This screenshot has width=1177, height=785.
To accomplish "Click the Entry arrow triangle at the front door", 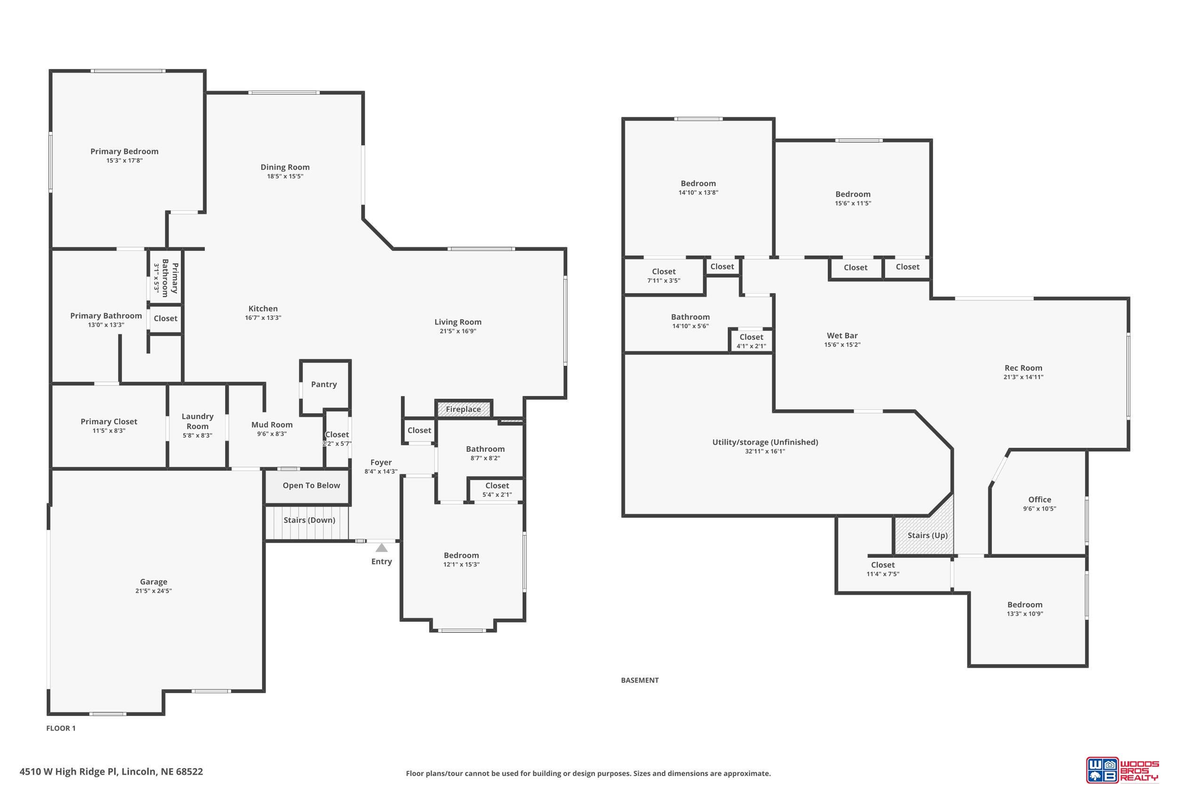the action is [x=381, y=548].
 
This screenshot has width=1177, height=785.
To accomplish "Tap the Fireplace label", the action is [x=463, y=409].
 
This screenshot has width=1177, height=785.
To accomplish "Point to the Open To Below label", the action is [x=311, y=485].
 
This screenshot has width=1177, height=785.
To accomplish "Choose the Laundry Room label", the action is [x=197, y=421].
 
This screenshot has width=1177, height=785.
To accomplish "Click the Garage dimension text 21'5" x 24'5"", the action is [x=153, y=591].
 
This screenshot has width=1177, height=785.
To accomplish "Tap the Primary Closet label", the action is [x=109, y=421].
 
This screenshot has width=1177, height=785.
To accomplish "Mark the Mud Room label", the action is [x=272, y=425].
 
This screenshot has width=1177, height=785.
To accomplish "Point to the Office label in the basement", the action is [x=1040, y=499].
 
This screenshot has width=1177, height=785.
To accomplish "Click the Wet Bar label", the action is [x=842, y=335].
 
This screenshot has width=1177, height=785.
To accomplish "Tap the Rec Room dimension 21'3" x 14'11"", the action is [x=1024, y=377].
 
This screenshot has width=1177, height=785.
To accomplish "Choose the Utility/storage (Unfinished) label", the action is [x=765, y=442].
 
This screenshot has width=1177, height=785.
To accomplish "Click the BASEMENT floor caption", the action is [x=639, y=680].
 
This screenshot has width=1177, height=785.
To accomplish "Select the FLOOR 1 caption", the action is [x=61, y=728].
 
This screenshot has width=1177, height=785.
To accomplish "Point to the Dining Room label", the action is [x=285, y=167].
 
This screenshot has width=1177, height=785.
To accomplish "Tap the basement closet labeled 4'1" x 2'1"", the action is [x=751, y=340].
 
